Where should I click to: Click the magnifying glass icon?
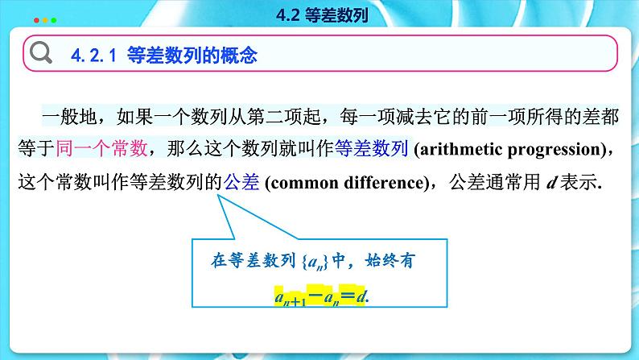(40, 54)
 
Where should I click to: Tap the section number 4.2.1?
(95, 56)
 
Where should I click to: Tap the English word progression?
(555, 150)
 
